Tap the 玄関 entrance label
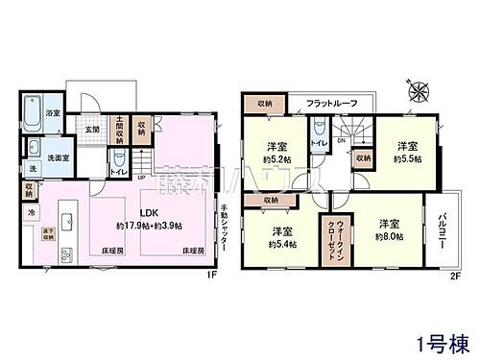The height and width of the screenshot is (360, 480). (91, 128)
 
